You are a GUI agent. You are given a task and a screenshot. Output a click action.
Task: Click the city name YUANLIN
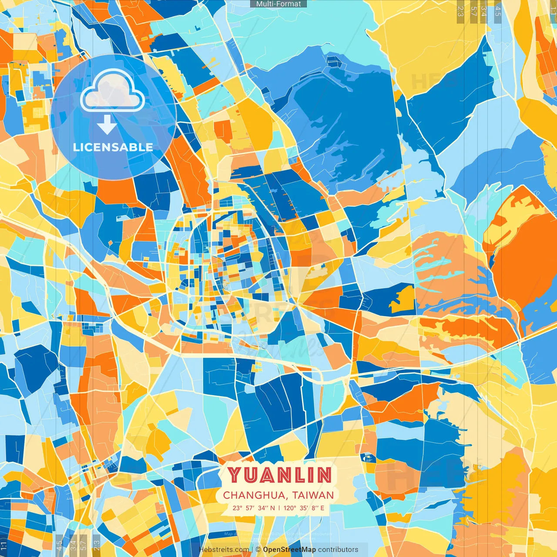click(x=279, y=475)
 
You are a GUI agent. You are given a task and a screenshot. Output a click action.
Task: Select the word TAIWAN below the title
click(x=313, y=495)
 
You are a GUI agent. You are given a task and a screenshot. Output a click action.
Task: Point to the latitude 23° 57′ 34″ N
click(x=254, y=508)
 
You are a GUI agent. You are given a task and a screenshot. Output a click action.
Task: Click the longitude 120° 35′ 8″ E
click(x=304, y=508)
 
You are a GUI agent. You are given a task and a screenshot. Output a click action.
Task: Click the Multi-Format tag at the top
click(x=278, y=4)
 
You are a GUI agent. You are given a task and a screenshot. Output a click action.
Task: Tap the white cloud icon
click(x=113, y=91)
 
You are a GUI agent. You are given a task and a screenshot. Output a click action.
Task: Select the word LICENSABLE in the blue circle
click(x=113, y=147)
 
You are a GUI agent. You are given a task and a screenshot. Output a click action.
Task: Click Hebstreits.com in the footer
click(x=224, y=550)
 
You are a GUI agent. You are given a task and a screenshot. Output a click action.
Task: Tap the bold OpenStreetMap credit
click(x=289, y=550)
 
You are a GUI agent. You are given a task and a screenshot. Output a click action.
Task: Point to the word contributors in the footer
click(x=338, y=550)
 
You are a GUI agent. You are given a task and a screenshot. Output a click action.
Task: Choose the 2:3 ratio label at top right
click(x=460, y=11)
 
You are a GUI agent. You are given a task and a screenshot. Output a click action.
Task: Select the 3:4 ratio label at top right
click(x=484, y=11)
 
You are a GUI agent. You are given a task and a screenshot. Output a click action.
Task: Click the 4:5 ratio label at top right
click(x=498, y=11)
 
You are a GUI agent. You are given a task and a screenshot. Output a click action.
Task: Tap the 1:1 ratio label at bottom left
click(x=4, y=546)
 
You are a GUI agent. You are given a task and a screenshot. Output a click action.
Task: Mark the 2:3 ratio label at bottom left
click(x=97, y=545)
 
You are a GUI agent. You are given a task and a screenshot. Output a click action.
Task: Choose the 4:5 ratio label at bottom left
click(x=59, y=545)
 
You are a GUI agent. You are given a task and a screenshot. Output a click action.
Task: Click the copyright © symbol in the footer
click(x=258, y=550)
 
